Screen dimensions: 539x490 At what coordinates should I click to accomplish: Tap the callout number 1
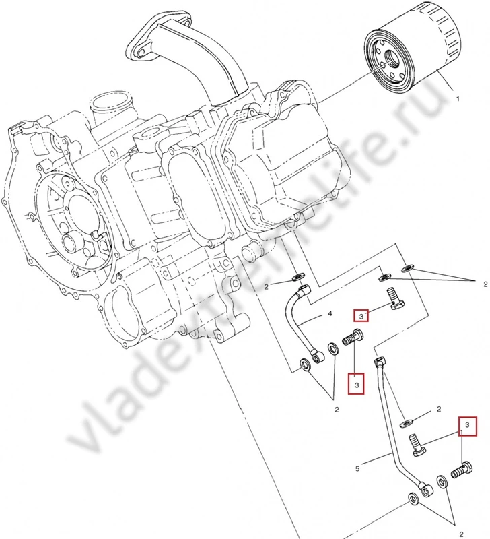[458, 99]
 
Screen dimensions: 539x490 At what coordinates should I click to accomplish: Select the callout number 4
[330, 314]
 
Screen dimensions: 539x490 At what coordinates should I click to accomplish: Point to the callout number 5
[357, 466]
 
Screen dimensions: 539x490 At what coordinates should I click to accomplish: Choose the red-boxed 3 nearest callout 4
[361, 315]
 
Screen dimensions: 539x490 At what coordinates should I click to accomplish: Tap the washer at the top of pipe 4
[298, 278]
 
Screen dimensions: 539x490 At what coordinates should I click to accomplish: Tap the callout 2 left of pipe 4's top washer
[267, 287]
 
